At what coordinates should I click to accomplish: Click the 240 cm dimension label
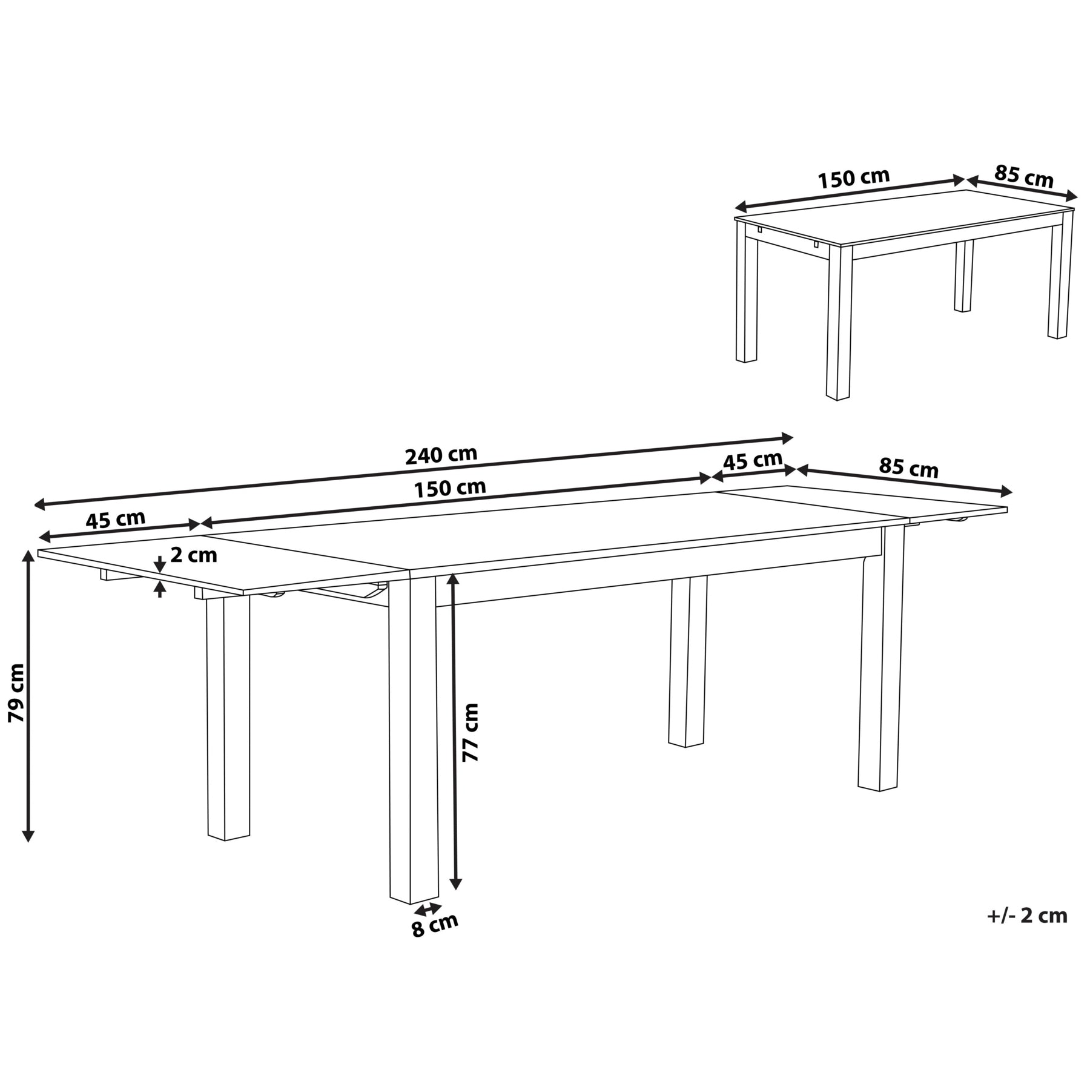click(441, 455)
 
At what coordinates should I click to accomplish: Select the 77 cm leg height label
click(470, 733)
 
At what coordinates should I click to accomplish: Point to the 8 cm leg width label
click(435, 925)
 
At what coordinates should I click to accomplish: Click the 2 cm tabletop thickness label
click(193, 555)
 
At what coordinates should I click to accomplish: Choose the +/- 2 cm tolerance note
click(1027, 916)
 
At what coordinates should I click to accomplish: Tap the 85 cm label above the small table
click(1024, 176)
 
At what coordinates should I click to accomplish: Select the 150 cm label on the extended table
click(449, 488)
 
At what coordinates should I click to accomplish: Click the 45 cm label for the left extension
click(115, 520)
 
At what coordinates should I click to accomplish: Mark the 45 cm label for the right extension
click(753, 461)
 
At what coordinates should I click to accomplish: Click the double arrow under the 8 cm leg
click(428, 908)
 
